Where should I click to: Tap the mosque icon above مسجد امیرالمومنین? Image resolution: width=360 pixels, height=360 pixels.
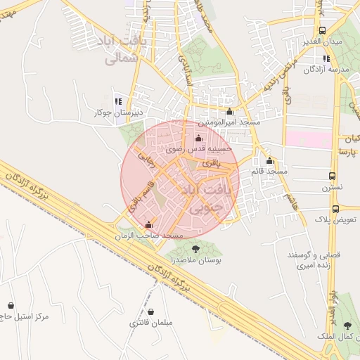point(229,112)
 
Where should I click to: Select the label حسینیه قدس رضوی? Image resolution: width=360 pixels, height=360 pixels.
point(193,150)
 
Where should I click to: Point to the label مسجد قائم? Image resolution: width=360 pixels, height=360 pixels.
point(268,172)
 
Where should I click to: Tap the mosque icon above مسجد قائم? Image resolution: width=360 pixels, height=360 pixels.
point(269,160)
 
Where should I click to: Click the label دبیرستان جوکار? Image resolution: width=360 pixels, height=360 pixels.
point(119,112)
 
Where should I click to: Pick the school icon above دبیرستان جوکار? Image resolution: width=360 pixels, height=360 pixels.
point(117,100)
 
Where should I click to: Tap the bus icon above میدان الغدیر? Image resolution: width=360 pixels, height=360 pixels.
point(322,31)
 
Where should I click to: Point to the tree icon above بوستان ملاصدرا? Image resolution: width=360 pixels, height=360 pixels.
point(195,248)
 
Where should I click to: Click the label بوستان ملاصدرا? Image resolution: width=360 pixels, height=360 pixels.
point(197,260)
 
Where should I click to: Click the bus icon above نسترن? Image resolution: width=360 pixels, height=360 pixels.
point(333,176)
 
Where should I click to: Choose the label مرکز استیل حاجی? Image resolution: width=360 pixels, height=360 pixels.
point(24,317)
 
